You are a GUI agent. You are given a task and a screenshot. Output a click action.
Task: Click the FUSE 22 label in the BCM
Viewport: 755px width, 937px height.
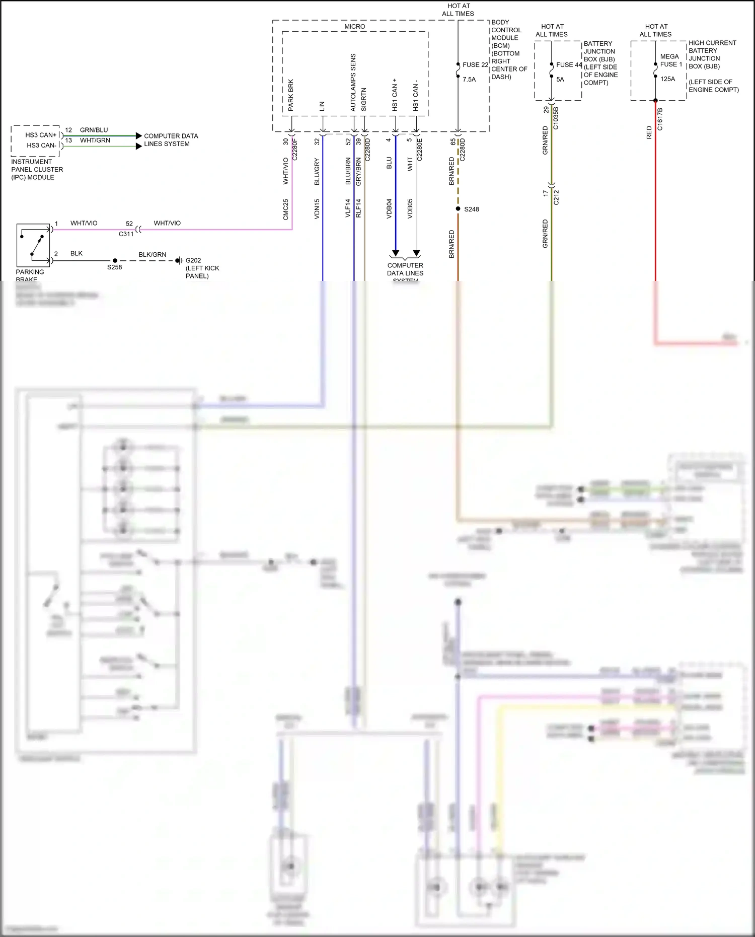point(475,65)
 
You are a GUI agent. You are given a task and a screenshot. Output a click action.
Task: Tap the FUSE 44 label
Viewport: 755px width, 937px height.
point(569,65)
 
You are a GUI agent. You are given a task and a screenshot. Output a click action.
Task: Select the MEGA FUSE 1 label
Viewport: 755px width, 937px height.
point(671,60)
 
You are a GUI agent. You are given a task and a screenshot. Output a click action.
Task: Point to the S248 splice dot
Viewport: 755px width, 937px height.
point(458,209)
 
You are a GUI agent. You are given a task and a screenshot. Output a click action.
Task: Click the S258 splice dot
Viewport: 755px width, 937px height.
point(115,261)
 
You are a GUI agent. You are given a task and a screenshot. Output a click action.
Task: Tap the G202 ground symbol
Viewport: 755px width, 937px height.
point(178,261)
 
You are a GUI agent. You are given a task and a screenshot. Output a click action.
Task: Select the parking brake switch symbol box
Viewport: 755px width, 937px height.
point(33,245)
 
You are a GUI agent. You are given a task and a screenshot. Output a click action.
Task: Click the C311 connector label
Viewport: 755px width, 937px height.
point(126,234)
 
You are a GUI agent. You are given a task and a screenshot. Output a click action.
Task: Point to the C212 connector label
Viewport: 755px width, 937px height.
point(556,197)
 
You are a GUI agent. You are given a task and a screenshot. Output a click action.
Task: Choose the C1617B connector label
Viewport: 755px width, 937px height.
point(660,119)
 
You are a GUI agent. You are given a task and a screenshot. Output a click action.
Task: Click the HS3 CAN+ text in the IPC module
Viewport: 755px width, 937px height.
point(41,135)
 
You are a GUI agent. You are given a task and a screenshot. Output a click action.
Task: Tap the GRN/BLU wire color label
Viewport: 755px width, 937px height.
point(94,130)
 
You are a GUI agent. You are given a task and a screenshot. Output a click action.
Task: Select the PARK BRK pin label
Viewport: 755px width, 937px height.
point(291,95)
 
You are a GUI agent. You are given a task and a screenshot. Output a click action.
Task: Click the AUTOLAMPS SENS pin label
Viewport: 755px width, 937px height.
point(353,83)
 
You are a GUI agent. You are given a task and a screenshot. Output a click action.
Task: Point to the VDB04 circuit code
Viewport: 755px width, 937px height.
point(389,208)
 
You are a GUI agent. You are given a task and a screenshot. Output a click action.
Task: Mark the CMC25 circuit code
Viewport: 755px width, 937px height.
point(285,209)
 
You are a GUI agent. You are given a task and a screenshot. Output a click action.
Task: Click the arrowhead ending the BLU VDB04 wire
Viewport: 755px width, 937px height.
point(396,253)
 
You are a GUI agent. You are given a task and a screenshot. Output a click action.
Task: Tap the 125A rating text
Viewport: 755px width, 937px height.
point(667,79)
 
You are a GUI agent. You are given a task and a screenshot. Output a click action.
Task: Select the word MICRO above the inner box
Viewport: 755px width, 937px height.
point(355,27)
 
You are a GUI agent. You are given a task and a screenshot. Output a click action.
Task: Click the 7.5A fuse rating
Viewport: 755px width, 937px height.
point(469,80)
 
